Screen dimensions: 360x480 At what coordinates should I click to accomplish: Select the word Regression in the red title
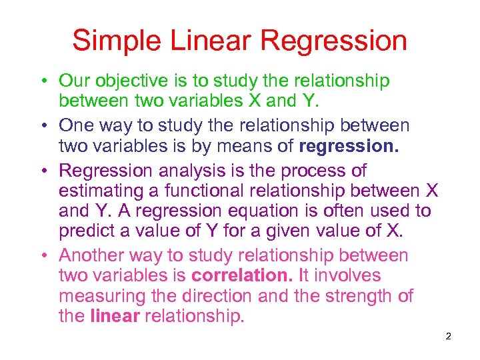click(334, 41)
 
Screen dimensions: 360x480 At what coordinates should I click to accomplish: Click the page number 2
click(448, 336)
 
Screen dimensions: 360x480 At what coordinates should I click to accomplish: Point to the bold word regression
click(349, 146)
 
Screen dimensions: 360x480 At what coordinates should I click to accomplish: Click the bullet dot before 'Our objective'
click(42, 82)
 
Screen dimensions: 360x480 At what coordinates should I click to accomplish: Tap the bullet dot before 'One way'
click(42, 125)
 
